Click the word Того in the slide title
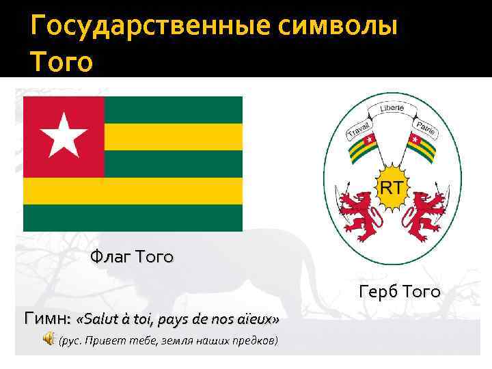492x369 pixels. click(61, 61)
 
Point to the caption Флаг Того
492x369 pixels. click(132, 258)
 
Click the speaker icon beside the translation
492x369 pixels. click(50, 340)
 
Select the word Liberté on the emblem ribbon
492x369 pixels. click(392, 109)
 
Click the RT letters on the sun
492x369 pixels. click(391, 186)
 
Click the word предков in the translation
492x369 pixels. click(252, 340)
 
